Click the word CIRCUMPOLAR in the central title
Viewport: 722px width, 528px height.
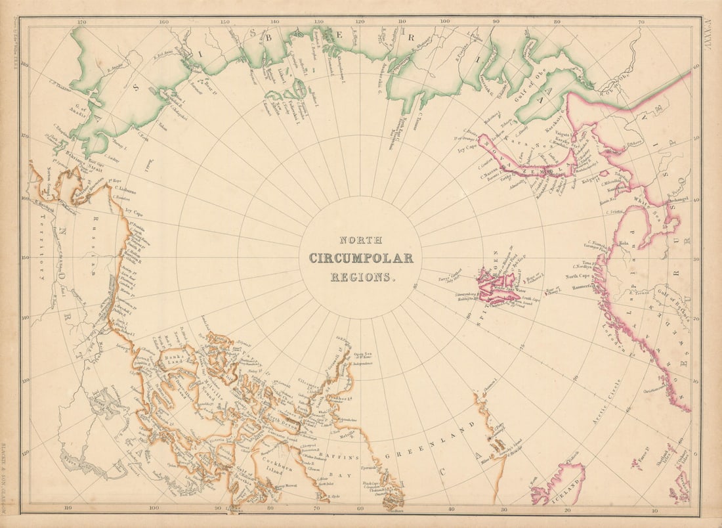(361, 258)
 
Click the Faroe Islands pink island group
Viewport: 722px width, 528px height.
(637, 465)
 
